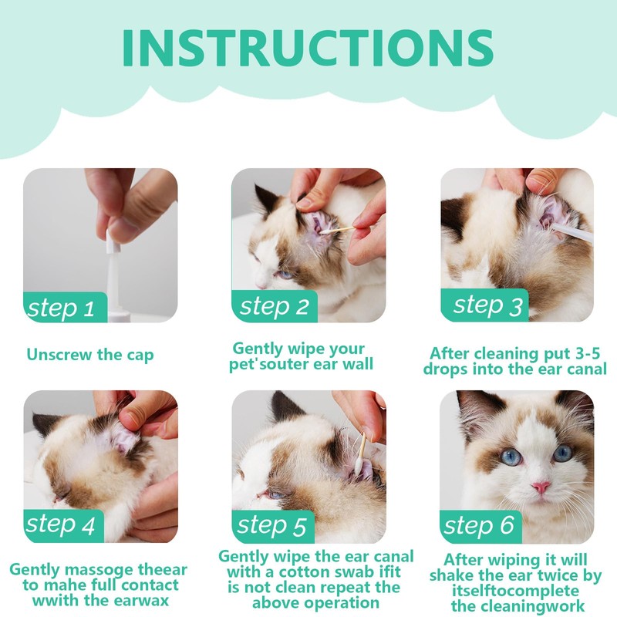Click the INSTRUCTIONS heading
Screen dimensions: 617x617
pyautogui.click(x=308, y=48)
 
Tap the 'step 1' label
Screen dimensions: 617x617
pyautogui.click(x=61, y=308)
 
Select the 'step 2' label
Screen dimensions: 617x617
pyautogui.click(x=275, y=305)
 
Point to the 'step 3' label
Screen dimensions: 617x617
pyautogui.click(x=488, y=305)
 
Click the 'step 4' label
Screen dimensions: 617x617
pyautogui.click(x=61, y=524)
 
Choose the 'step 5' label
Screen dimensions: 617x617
pyautogui.click(x=271, y=525)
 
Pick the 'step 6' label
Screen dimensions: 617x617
pyautogui.click(x=479, y=524)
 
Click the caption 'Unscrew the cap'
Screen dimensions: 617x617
pyautogui.click(x=90, y=355)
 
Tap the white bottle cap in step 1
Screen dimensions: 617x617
pyautogui.click(x=113, y=242)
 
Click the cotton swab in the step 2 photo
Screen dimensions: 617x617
pyautogui.click(x=336, y=231)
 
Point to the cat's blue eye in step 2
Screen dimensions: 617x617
pyautogui.click(x=285, y=275)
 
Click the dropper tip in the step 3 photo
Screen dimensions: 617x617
pyautogui.click(x=555, y=228)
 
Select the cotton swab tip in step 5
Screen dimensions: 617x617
pyautogui.click(x=359, y=467)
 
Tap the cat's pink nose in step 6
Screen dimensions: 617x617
pyautogui.click(x=541, y=487)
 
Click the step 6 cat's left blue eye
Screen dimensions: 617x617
pyautogui.click(x=511, y=457)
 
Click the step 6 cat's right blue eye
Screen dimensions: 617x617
pyautogui.click(x=563, y=453)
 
